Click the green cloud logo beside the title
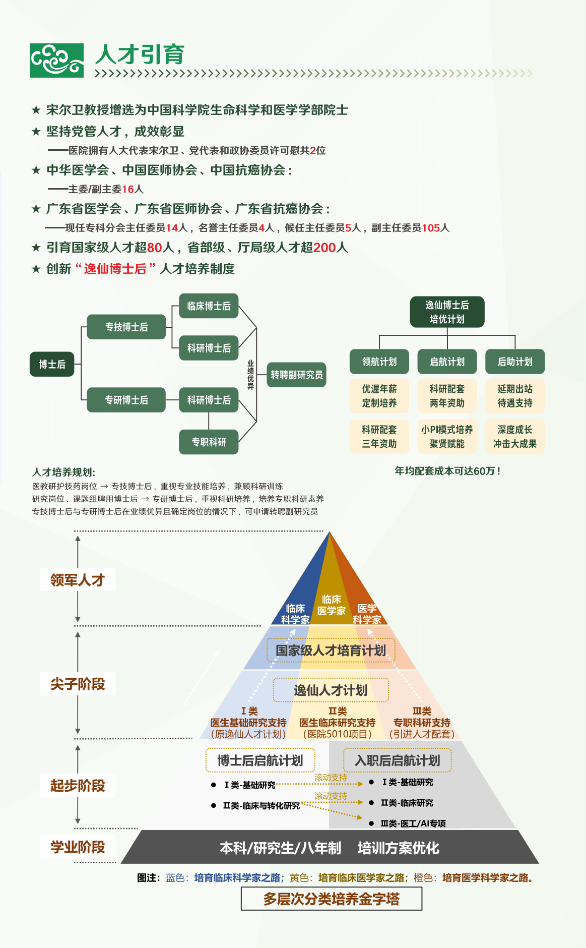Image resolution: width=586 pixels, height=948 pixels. click(x=56, y=61)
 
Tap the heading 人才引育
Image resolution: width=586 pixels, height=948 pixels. click(x=140, y=54)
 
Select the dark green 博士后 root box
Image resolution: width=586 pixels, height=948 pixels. click(x=52, y=364)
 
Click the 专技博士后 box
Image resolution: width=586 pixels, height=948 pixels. click(x=126, y=327)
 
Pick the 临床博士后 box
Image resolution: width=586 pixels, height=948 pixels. click(x=209, y=306)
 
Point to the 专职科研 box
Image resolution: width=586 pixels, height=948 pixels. click(x=209, y=442)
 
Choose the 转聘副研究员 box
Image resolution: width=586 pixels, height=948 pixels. click(x=296, y=375)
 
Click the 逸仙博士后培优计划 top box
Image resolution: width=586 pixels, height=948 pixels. click(x=447, y=312)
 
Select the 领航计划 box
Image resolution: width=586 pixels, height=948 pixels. click(x=379, y=362)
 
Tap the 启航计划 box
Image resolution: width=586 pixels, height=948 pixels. click(x=447, y=362)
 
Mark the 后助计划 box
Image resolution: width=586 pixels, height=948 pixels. click(x=515, y=362)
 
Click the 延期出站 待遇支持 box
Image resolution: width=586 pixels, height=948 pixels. click(x=515, y=396)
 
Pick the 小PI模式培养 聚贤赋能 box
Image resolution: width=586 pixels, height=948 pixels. click(x=447, y=437)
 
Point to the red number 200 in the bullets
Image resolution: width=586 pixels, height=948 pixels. click(x=324, y=248)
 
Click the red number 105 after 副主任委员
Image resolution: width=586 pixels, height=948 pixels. click(x=431, y=228)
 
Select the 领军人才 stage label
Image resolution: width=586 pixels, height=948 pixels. click(x=78, y=580)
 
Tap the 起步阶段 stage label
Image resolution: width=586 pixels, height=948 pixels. click(x=78, y=785)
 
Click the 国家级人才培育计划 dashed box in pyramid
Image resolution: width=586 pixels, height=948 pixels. click(x=331, y=650)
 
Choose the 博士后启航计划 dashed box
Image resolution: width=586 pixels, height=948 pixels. click(x=260, y=760)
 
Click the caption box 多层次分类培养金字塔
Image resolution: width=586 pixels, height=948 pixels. click(x=331, y=899)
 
